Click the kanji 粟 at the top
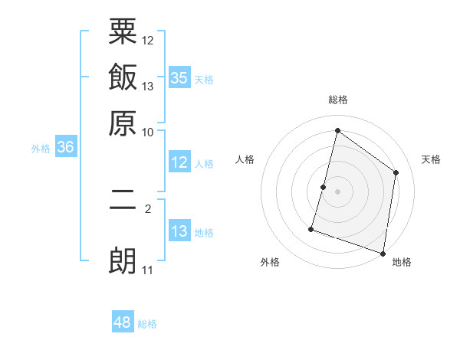tap(123, 34)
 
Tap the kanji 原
tap(123, 122)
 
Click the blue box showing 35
tap(179, 77)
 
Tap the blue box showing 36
tap(65, 148)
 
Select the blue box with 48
tap(123, 322)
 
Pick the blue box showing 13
tap(179, 231)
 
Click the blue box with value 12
tap(179, 162)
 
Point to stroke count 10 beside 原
tap(148, 132)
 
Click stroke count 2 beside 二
tap(148, 208)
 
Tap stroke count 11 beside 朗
tap(148, 270)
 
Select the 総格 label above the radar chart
tap(338, 100)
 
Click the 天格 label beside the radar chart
tap(431, 159)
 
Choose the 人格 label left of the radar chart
tap(245, 159)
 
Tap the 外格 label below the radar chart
tap(270, 262)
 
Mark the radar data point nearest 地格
tap(383, 253)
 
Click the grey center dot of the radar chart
tap(337, 191)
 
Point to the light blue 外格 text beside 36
tap(41, 149)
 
